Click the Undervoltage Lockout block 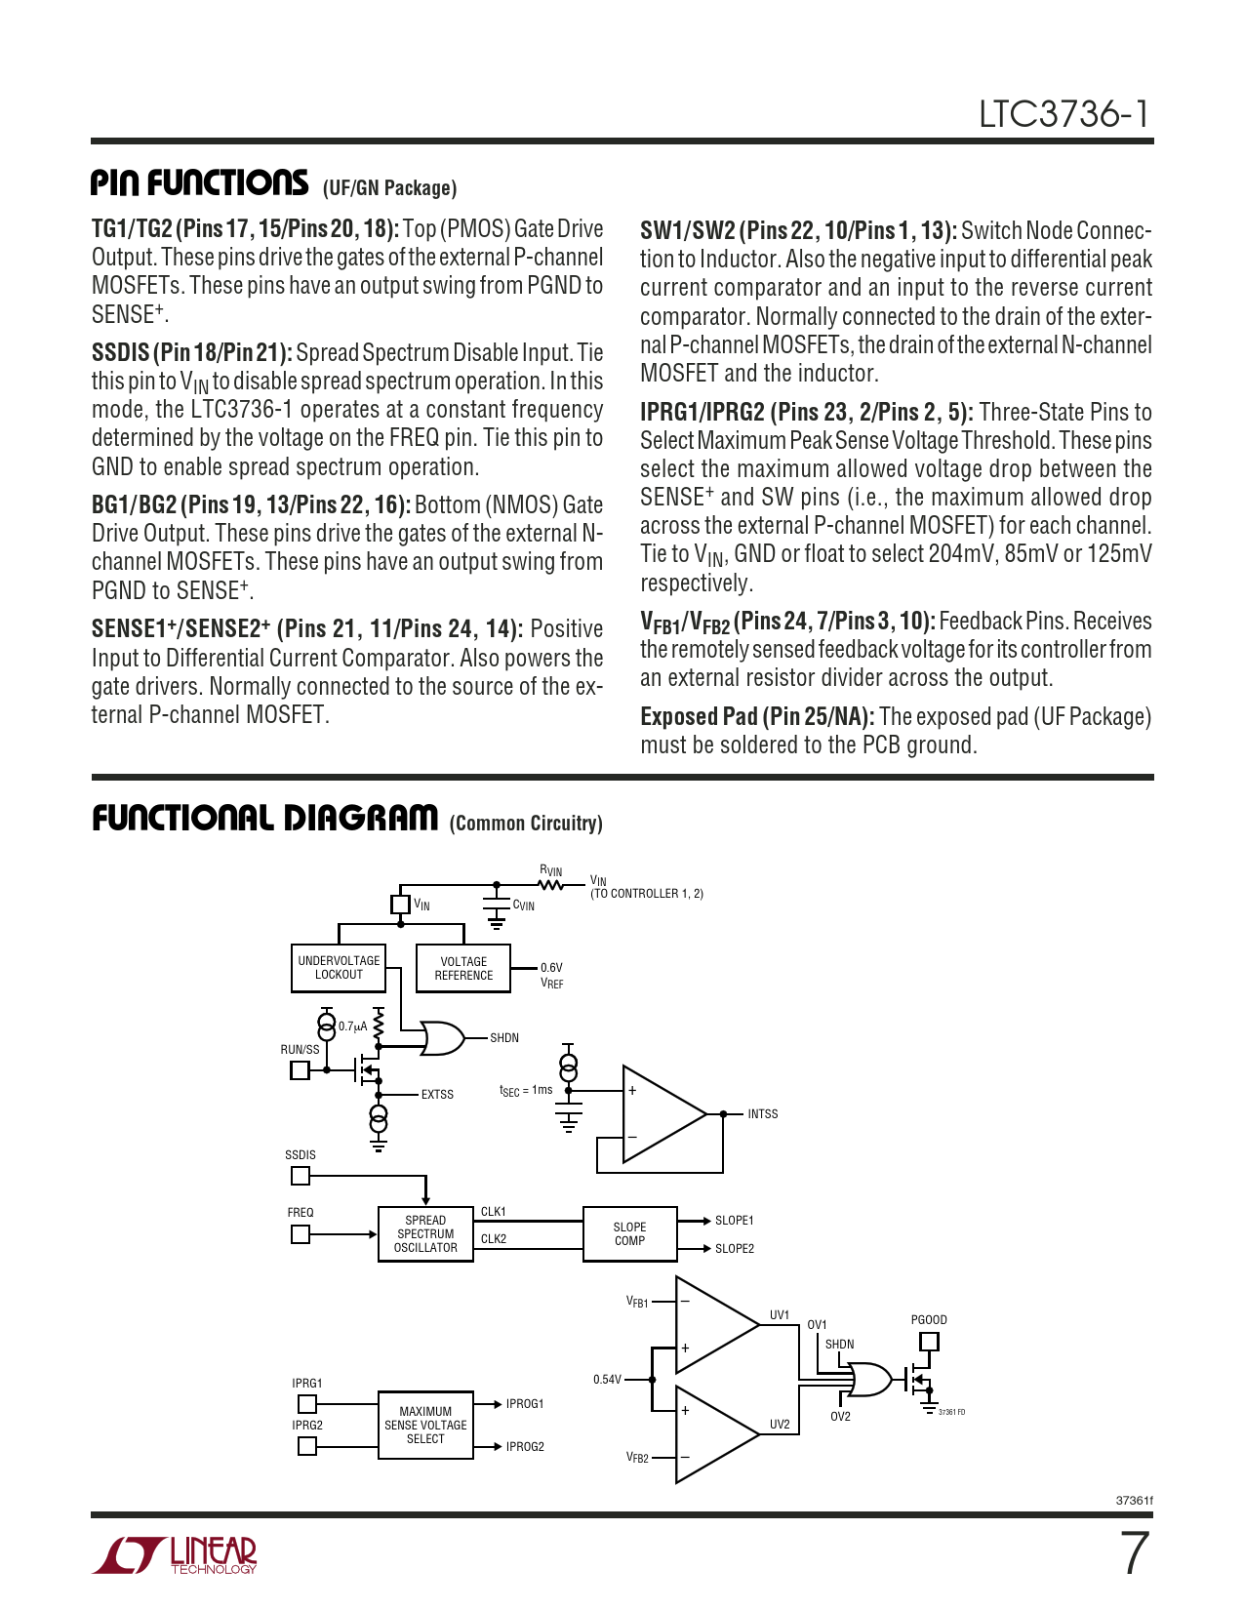[339, 968]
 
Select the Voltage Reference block [463, 968]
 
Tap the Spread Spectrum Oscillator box [425, 1234]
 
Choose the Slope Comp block [629, 1234]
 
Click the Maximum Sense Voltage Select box [425, 1426]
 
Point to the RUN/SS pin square [301, 1070]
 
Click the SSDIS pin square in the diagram [301, 1176]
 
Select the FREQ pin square [301, 1234]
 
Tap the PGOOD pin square [929, 1342]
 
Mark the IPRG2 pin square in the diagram [307, 1446]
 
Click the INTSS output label [763, 1114]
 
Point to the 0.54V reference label [607, 1380]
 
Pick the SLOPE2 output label [735, 1249]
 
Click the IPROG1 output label [525, 1404]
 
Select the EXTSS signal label [437, 1095]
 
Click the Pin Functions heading [200, 183]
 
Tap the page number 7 [1135, 1553]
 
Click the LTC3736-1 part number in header [1064, 115]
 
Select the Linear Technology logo [176, 1555]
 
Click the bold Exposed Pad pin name [757, 717]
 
